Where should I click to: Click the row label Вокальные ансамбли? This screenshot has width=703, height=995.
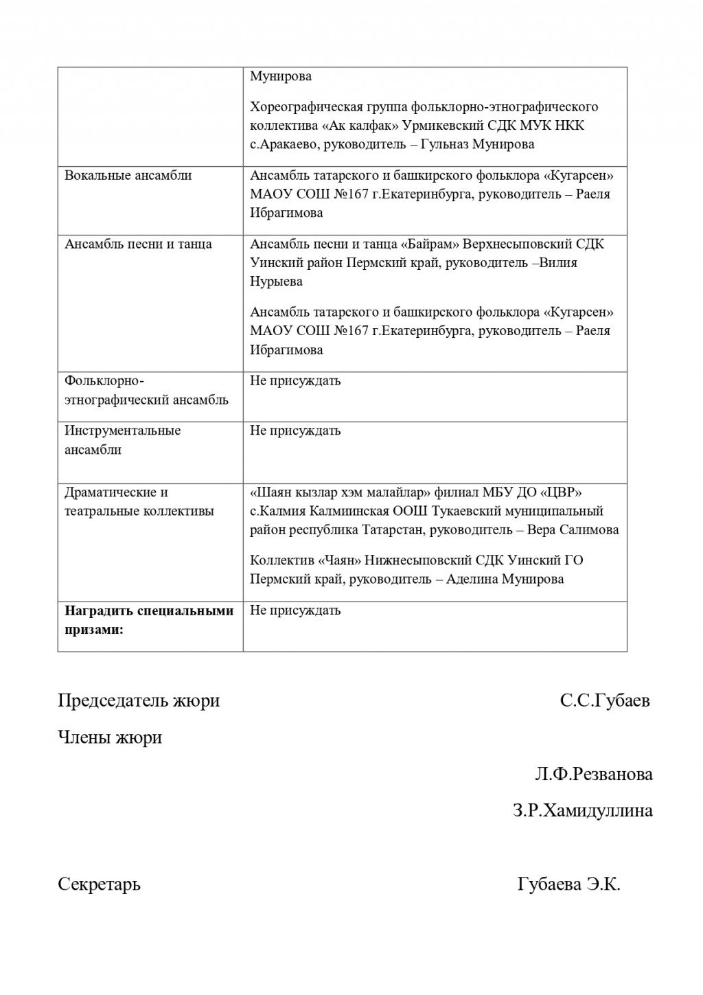128,175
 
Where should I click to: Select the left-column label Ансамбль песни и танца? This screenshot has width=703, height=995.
138,244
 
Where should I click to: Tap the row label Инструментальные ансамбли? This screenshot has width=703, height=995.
122,440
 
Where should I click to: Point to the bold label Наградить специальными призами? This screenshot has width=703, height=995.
149,620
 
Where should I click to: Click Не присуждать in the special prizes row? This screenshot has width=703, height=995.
295,610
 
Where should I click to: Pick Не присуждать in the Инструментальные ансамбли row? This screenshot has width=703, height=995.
295,431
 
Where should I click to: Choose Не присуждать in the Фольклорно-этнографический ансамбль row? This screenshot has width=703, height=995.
295,380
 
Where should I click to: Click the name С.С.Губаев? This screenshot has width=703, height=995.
604,701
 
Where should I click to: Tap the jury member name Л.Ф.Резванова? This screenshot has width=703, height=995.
594,775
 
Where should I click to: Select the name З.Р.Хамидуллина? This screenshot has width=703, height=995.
582,811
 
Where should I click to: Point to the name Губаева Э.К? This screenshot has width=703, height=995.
568,884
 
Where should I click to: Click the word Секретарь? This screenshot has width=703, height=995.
99,884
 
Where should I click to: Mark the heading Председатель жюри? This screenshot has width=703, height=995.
139,701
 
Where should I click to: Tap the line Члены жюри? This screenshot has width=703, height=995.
110,738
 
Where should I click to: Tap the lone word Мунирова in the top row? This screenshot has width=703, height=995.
281,76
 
